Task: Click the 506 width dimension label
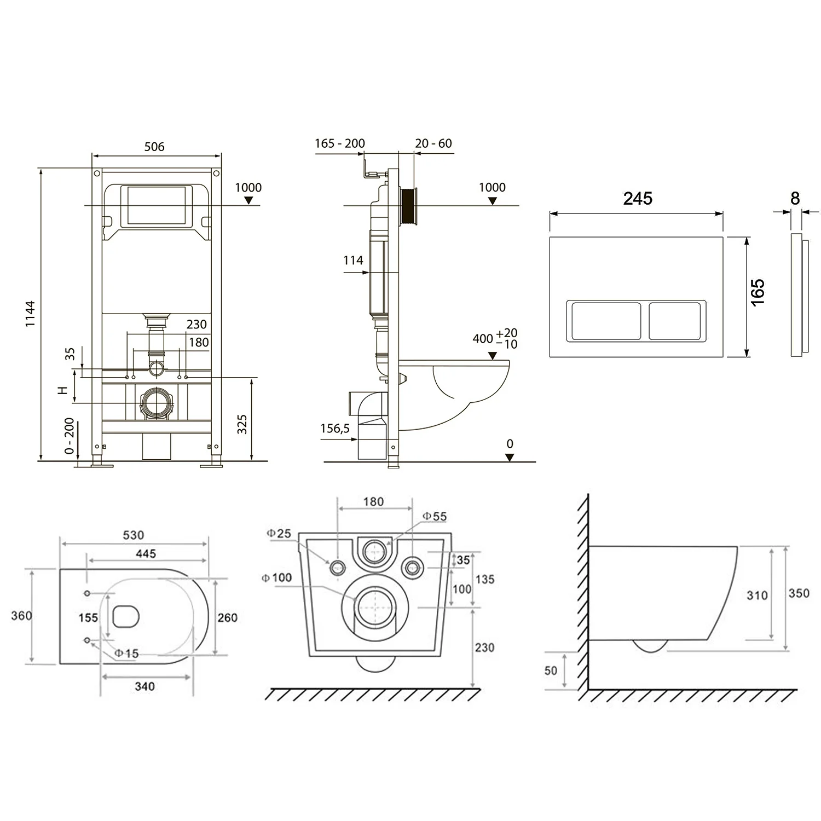pyautogui.click(x=154, y=147)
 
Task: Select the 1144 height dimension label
pyautogui.click(x=30, y=314)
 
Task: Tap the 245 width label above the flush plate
pyautogui.click(x=638, y=198)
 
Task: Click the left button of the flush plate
pyautogui.click(x=606, y=321)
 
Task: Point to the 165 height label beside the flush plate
pyautogui.click(x=758, y=292)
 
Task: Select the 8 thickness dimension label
pyautogui.click(x=795, y=198)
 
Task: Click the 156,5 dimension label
pyautogui.click(x=335, y=429)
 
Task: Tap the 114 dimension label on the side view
pyautogui.click(x=353, y=261)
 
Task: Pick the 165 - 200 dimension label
pyautogui.click(x=339, y=143)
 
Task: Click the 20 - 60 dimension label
pyautogui.click(x=433, y=143)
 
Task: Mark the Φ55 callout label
pyautogui.click(x=435, y=516)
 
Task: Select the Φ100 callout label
pyautogui.click(x=276, y=577)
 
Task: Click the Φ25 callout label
pyautogui.click(x=279, y=533)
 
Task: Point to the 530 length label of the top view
pyautogui.click(x=134, y=535)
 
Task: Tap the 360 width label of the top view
pyautogui.click(x=21, y=616)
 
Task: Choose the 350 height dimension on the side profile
pyautogui.click(x=799, y=593)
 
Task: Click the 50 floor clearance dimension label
pyautogui.click(x=551, y=670)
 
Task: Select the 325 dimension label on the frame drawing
pyautogui.click(x=242, y=424)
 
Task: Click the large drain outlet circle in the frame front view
pyautogui.click(x=157, y=404)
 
